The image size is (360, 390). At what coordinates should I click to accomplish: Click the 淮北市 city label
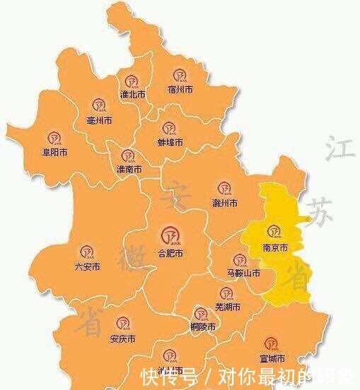click(132, 94)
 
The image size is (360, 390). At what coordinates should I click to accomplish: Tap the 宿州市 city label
click(180, 89)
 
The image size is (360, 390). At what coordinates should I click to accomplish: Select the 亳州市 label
click(98, 121)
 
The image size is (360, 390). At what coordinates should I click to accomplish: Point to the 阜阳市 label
click(54, 152)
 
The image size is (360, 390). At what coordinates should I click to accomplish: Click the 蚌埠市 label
click(170, 142)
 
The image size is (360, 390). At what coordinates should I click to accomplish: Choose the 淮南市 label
click(129, 170)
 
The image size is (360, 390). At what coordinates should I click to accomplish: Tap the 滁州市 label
click(225, 203)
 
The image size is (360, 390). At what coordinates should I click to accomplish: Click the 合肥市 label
click(170, 252)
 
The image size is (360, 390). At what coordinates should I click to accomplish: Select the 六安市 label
click(87, 266)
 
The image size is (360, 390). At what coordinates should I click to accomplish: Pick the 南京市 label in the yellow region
click(274, 248)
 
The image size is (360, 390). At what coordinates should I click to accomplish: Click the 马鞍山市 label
click(243, 273)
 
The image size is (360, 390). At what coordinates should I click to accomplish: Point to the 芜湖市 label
click(227, 307)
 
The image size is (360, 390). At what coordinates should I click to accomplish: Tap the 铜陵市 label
click(204, 329)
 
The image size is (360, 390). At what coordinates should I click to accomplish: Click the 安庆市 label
click(123, 339)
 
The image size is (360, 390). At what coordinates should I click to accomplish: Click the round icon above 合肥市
click(170, 235)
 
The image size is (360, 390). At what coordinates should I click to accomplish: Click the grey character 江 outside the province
click(336, 150)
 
